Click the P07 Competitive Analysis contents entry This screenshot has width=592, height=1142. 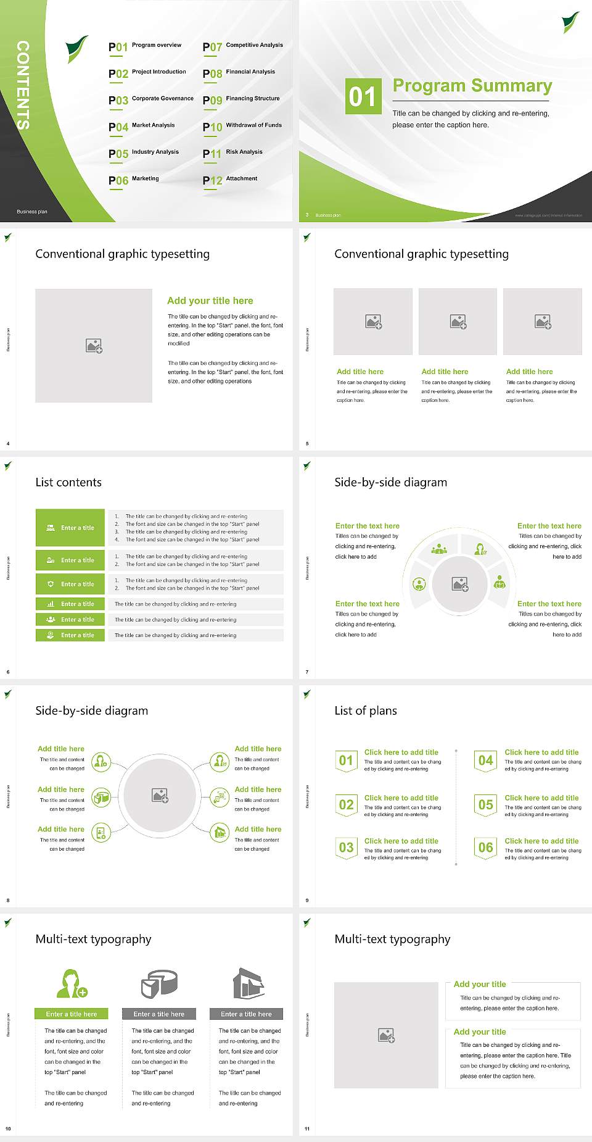[243, 46]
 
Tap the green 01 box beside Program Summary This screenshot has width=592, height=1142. [362, 96]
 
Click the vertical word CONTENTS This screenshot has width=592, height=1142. [23, 85]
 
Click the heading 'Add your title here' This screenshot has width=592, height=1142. [210, 301]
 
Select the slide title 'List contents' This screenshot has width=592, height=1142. [68, 482]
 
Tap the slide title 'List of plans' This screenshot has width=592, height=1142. [366, 711]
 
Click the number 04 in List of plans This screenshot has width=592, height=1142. [486, 761]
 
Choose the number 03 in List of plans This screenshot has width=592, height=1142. [347, 848]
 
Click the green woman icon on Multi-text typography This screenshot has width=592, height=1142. [72, 983]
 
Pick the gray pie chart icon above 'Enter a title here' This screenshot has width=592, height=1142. [159, 983]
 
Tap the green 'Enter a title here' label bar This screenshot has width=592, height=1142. [72, 1014]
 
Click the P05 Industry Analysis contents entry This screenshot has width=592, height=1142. [144, 153]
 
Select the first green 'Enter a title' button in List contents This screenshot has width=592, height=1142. [70, 528]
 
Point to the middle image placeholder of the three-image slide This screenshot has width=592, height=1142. [458, 322]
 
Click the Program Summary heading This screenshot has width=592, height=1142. [472, 86]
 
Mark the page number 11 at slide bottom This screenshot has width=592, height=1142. [307, 1129]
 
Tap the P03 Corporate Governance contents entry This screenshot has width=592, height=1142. [151, 99]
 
